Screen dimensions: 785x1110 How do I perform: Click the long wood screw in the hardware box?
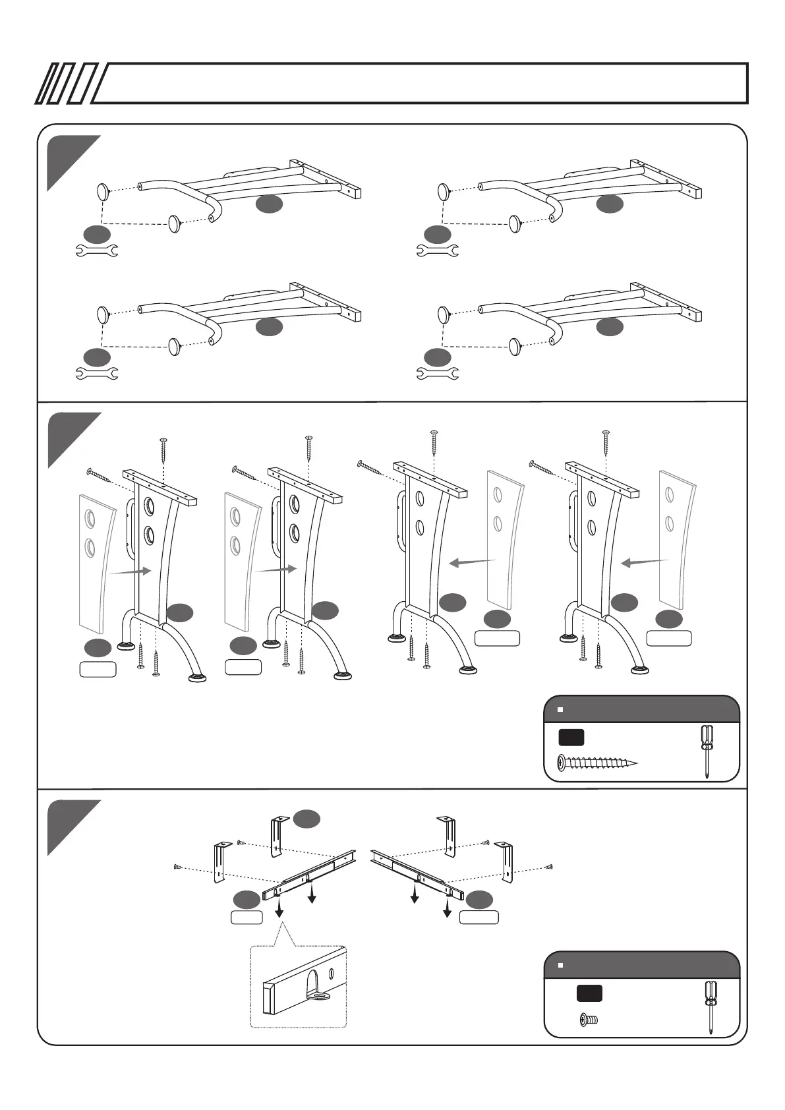coord(597,763)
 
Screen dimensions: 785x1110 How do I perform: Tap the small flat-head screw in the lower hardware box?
coord(588,1020)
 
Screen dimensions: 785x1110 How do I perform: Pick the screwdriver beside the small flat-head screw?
coord(711,1007)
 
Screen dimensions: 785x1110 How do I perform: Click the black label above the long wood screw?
coord(571,737)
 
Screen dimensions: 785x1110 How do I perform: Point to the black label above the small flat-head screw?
coord(589,994)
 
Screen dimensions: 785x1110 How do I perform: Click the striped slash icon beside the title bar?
coord(66,84)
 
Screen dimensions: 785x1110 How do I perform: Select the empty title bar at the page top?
coord(422,84)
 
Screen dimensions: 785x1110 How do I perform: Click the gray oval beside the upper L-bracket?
coord(306,819)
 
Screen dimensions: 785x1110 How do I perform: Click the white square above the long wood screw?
coord(560,710)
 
